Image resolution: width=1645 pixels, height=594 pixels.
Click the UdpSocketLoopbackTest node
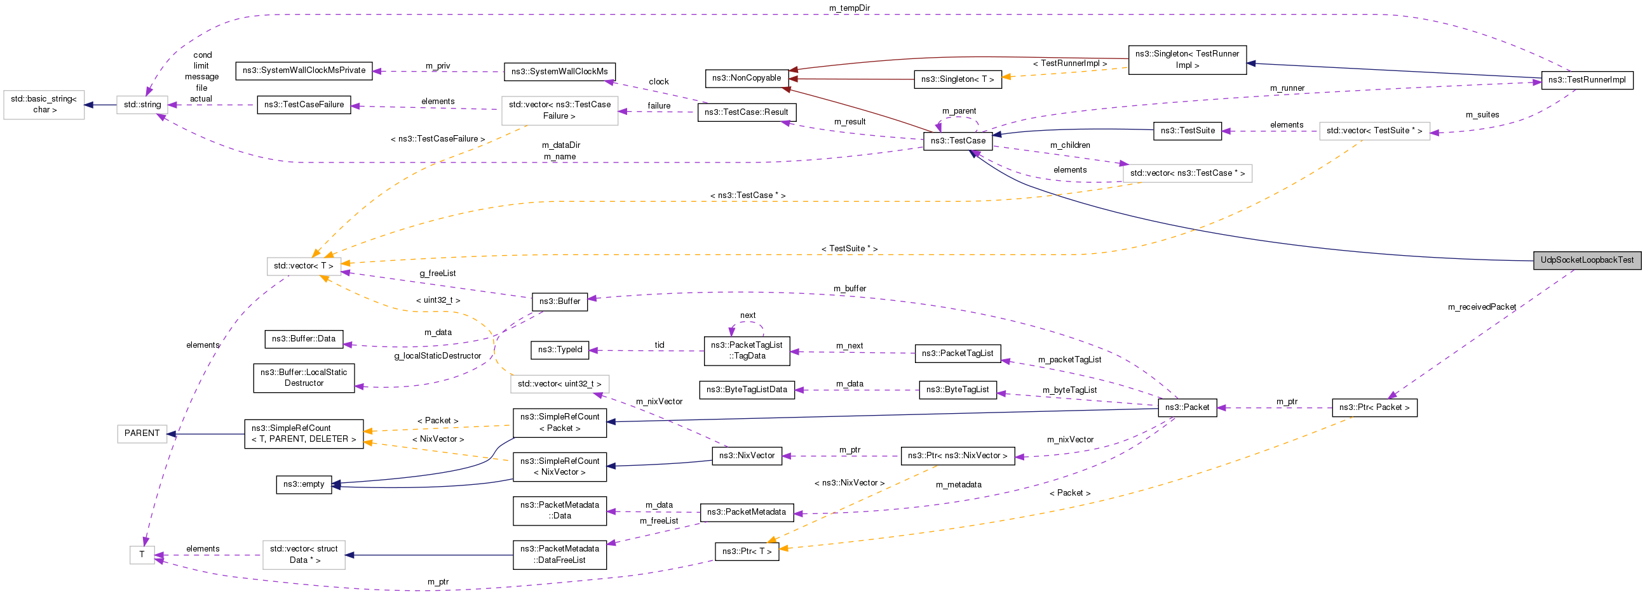(x=1587, y=260)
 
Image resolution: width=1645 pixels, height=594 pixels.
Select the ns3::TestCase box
(x=958, y=141)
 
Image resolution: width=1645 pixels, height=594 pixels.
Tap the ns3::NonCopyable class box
(x=746, y=79)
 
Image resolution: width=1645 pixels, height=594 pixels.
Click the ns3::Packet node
(x=1186, y=407)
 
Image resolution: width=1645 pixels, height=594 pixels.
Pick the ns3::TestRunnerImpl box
(x=1587, y=81)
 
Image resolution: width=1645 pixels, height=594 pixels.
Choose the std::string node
(x=142, y=105)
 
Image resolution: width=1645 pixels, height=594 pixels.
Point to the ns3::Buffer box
(x=559, y=302)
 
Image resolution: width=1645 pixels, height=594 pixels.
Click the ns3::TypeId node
(x=559, y=350)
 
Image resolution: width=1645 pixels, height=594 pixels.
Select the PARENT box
(x=142, y=434)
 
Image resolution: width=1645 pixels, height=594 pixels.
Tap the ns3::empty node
(x=303, y=484)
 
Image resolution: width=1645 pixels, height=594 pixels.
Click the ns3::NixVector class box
(x=746, y=456)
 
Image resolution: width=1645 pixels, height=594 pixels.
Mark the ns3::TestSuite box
(x=1187, y=131)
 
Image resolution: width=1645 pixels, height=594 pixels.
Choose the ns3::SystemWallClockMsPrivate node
(x=303, y=71)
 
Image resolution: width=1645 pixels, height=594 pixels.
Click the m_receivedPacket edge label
(x=1482, y=308)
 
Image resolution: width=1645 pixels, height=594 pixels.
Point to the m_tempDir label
(x=849, y=8)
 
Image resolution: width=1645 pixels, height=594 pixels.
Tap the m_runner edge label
(x=1287, y=88)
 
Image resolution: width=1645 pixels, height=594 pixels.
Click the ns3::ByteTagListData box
(x=746, y=390)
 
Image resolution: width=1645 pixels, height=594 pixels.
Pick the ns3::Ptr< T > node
(x=746, y=552)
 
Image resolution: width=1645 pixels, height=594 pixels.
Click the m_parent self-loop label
(x=959, y=111)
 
